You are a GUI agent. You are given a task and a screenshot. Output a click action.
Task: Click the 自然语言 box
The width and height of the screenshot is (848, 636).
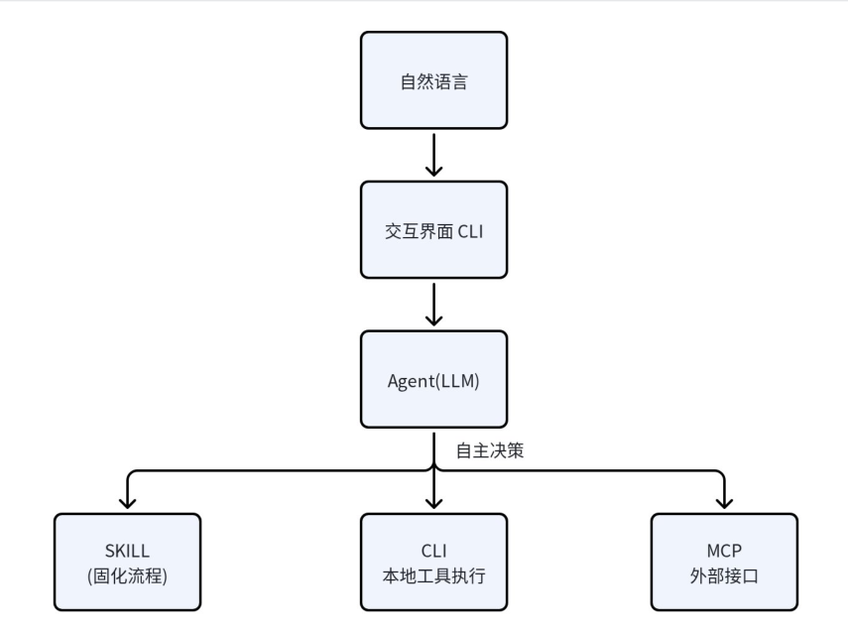tap(433, 80)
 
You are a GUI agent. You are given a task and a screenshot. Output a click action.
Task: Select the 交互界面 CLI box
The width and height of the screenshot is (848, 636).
tap(433, 230)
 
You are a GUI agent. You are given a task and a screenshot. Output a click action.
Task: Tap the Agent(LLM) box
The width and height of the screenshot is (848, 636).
tap(433, 379)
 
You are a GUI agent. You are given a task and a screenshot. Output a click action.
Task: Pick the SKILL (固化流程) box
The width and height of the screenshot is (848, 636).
tap(127, 562)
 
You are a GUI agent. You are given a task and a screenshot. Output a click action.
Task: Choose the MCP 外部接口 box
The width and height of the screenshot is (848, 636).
tap(724, 562)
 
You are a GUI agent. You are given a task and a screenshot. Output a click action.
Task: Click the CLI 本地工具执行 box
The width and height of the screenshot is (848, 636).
tap(433, 562)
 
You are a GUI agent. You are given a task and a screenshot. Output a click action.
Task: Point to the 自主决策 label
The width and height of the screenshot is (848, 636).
tap(490, 450)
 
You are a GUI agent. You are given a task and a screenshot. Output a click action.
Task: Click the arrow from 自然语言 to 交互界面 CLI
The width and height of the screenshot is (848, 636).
tap(433, 155)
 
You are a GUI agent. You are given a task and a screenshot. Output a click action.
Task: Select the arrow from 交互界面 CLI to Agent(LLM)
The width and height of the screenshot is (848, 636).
tap(433, 305)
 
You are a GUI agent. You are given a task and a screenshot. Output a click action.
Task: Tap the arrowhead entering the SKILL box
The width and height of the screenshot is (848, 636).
tap(127, 503)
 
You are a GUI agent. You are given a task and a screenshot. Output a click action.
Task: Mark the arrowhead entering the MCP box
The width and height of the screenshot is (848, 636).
tap(724, 503)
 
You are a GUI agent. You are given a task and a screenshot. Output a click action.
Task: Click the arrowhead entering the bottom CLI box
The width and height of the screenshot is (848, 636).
tap(433, 503)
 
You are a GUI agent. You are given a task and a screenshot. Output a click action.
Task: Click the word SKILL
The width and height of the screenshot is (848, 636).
tap(127, 551)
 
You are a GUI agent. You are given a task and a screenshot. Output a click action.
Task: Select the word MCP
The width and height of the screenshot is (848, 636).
tap(724, 551)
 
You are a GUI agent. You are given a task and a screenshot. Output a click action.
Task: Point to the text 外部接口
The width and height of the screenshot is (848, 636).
tap(724, 575)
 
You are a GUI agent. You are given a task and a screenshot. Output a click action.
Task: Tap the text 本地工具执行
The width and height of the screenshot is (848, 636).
tap(433, 575)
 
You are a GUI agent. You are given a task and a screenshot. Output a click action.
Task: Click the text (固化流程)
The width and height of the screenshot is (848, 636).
tap(127, 575)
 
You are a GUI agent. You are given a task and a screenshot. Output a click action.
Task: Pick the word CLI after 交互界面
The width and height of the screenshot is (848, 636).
tap(470, 231)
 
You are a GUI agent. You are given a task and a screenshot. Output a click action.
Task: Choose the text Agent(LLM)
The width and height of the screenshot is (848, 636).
tap(433, 381)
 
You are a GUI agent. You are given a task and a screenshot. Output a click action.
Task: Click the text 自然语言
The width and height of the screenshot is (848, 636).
tap(433, 81)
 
